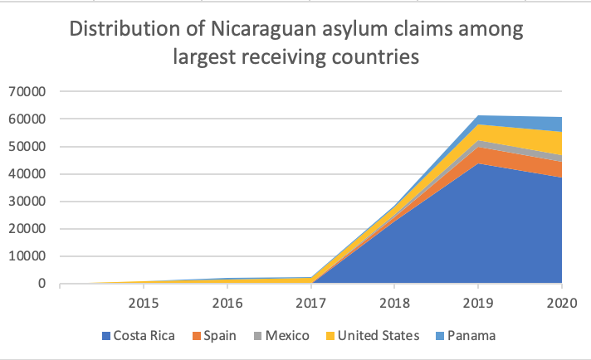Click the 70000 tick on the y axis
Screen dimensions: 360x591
(28, 91)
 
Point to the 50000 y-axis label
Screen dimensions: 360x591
(28, 147)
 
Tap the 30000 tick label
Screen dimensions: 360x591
(28, 202)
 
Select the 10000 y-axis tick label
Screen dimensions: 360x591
(28, 256)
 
